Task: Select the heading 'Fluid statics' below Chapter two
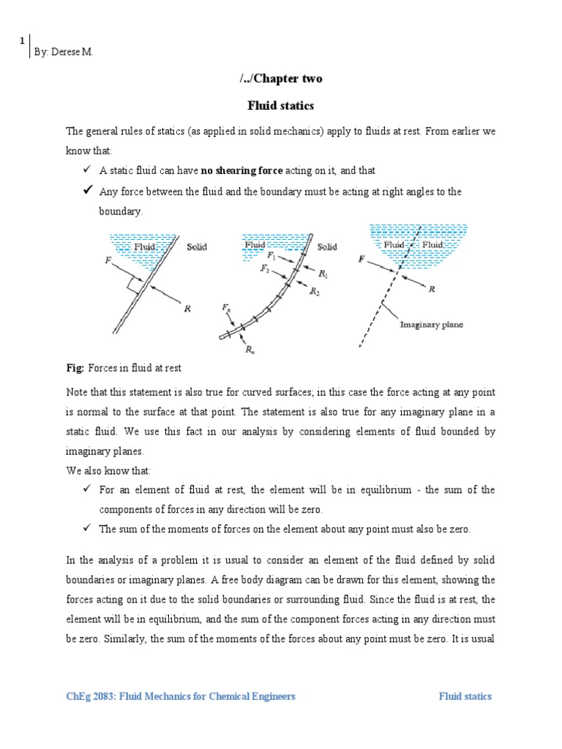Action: (x=280, y=106)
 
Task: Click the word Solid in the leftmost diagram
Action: (x=197, y=247)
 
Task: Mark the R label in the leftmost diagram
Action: (x=188, y=309)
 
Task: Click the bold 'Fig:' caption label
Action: (x=75, y=366)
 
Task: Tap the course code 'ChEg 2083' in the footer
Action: (x=90, y=696)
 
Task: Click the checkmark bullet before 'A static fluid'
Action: (x=88, y=170)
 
